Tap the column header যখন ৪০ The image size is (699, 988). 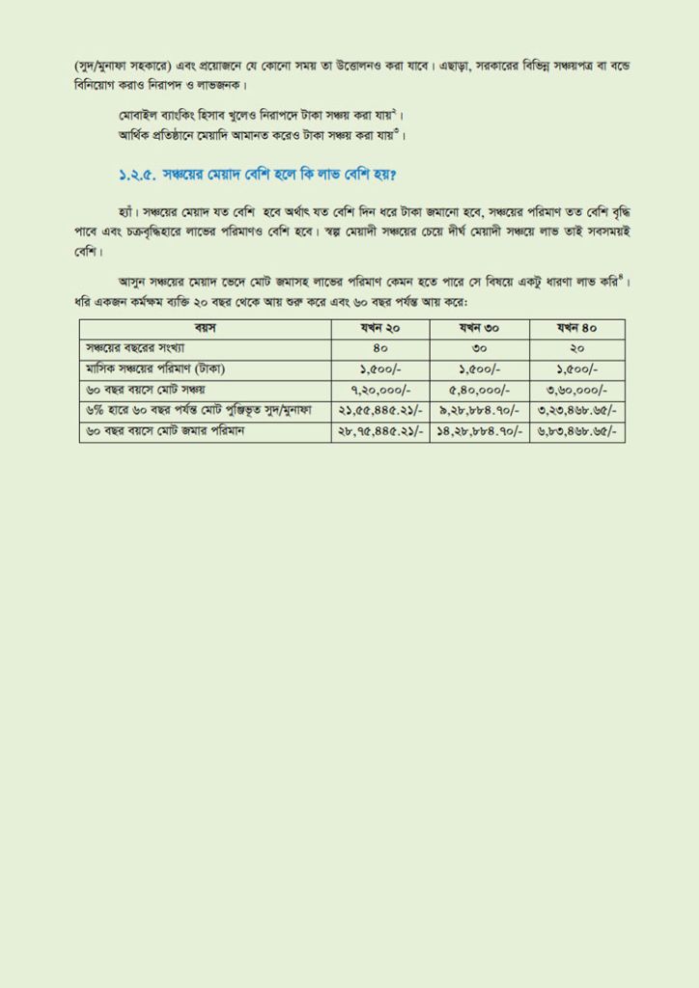tap(576, 328)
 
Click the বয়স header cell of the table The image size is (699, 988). tap(206, 328)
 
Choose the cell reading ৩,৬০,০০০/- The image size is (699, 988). tap(576, 390)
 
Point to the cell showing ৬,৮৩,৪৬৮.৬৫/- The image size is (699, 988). tap(576, 431)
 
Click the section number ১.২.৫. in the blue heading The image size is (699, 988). tap(133, 175)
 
